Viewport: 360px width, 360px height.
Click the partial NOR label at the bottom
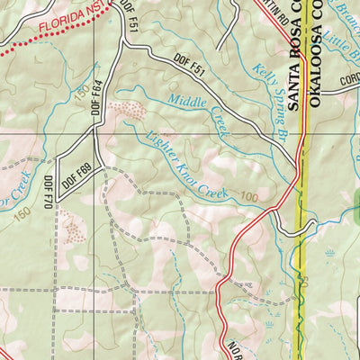tap(235, 349)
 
